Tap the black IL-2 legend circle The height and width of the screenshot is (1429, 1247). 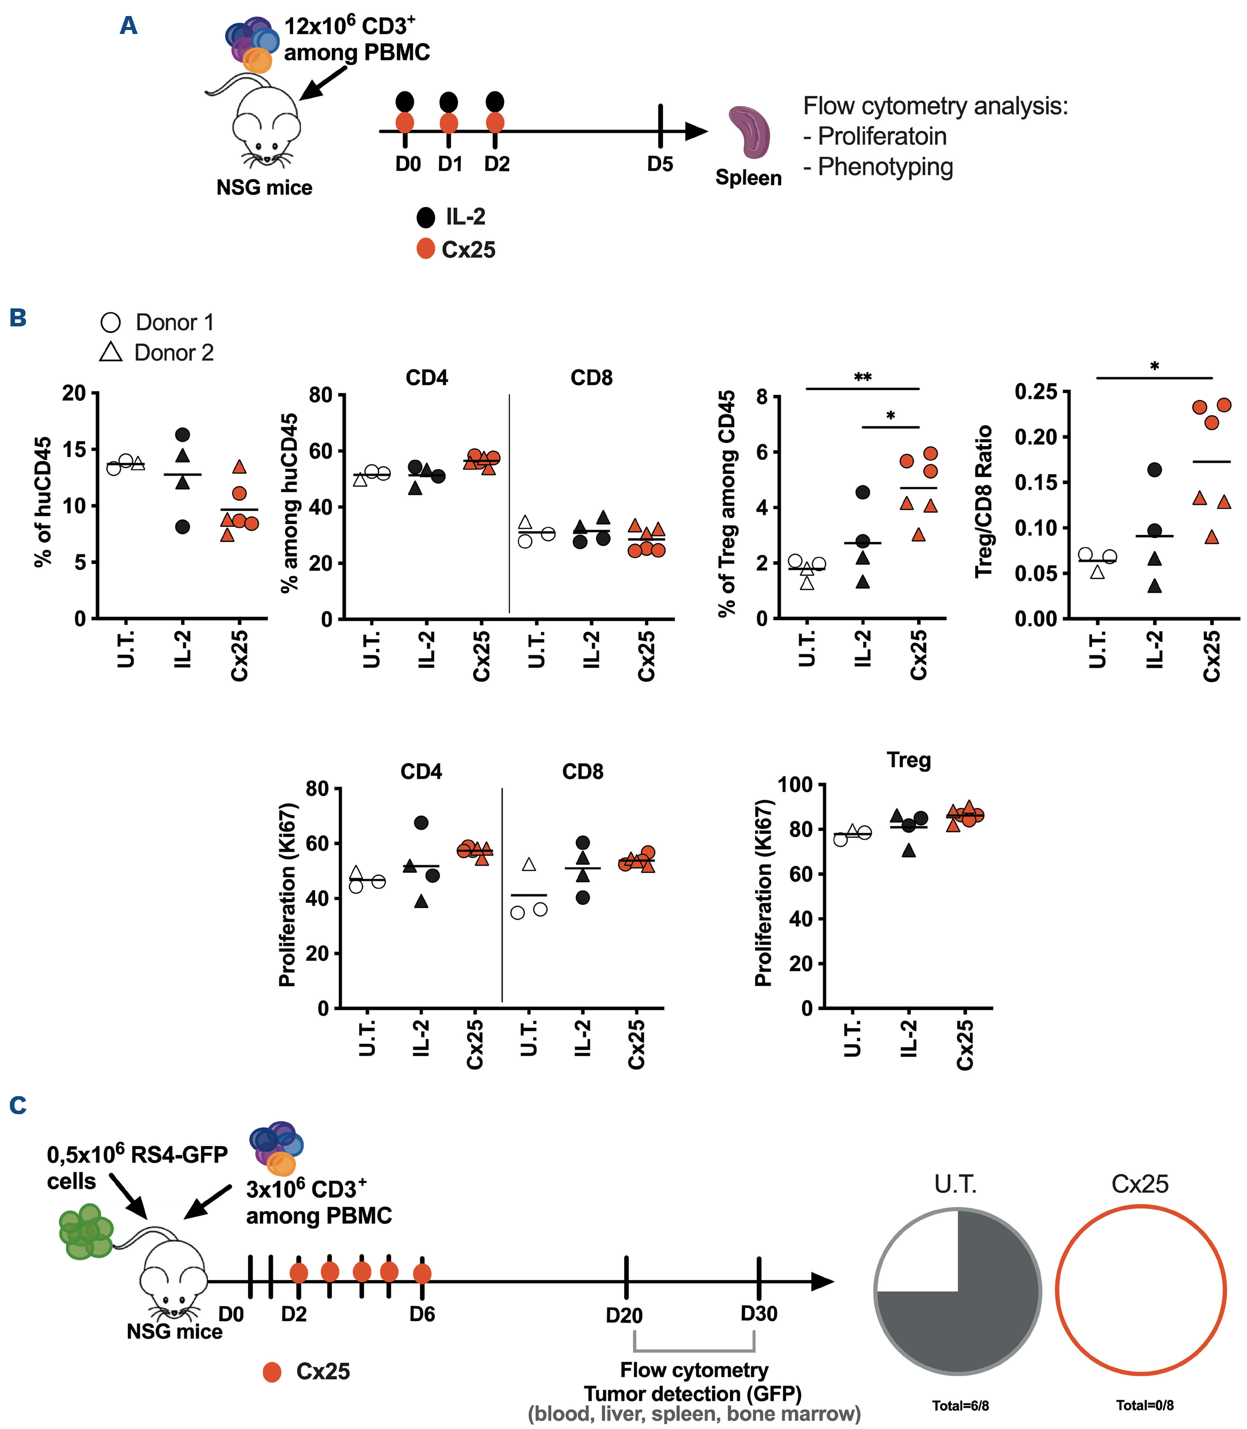(425, 217)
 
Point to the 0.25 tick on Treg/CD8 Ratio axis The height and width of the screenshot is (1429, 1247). (1036, 392)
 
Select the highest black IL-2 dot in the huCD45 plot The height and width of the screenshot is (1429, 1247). (182, 434)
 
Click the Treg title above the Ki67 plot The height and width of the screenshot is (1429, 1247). (908, 760)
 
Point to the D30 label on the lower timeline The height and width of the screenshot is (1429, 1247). (759, 1314)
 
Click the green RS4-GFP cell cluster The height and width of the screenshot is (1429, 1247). (85, 1233)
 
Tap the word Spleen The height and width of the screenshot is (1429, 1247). (748, 178)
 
